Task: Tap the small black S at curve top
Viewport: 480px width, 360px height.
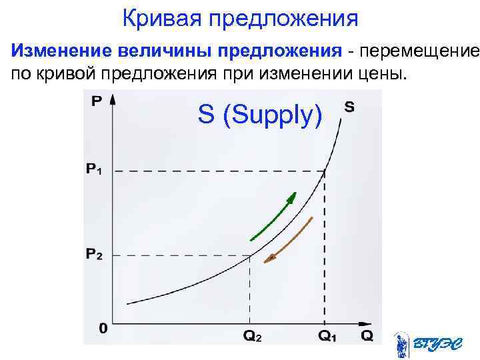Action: point(350,106)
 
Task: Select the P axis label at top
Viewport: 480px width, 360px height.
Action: point(97,102)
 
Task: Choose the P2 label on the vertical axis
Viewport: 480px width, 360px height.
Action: point(95,255)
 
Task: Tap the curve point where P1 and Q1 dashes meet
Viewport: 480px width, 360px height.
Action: point(325,171)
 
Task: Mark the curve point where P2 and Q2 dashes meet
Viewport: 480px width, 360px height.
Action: point(250,255)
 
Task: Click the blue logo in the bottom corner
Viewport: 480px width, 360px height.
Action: point(423,344)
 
